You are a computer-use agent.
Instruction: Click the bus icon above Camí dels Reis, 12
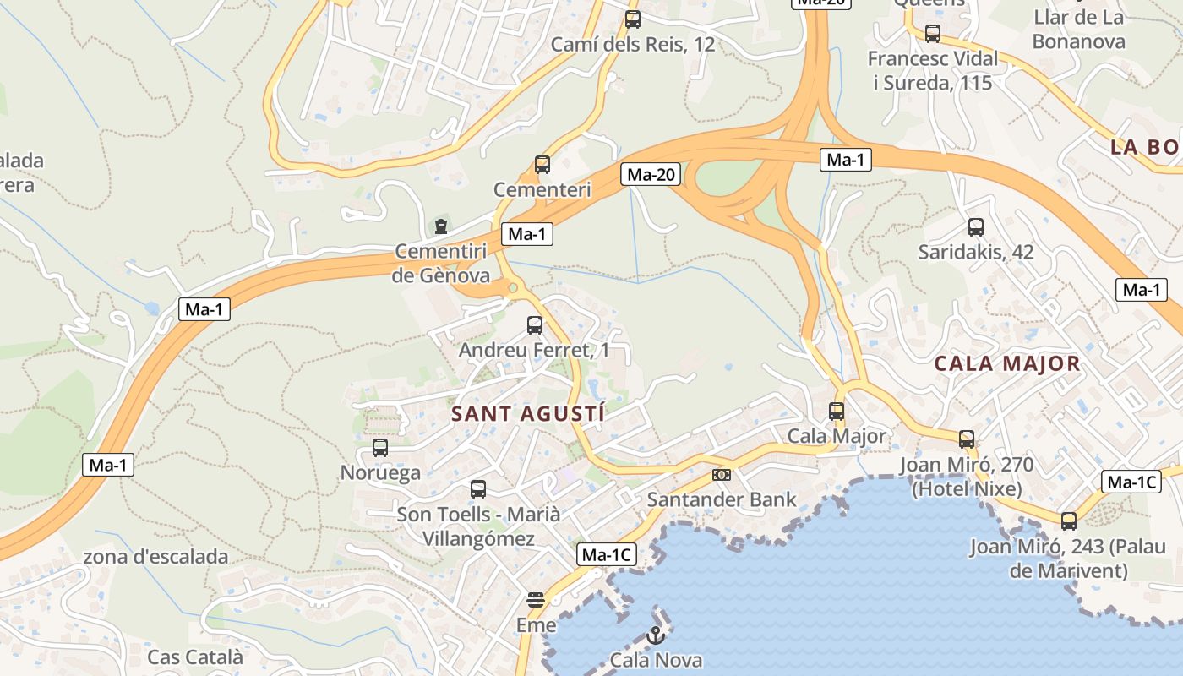click(x=632, y=19)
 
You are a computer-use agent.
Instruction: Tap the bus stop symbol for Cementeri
click(x=542, y=165)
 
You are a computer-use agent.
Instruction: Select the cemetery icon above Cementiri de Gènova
click(x=440, y=226)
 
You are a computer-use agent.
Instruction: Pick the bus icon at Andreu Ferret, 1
click(x=534, y=325)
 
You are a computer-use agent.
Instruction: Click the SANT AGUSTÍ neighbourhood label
click(x=528, y=414)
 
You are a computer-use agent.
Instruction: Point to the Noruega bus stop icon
click(x=380, y=448)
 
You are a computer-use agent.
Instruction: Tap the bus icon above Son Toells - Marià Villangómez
click(x=478, y=489)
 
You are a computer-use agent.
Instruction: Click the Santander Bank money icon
click(x=721, y=475)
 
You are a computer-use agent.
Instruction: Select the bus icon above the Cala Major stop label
click(x=837, y=412)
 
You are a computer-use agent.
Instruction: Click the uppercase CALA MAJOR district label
click(x=1007, y=364)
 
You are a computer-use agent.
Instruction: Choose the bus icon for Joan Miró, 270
click(x=967, y=439)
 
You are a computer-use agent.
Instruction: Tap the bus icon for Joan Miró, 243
click(x=1069, y=521)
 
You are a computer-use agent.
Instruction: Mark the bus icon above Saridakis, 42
click(x=976, y=227)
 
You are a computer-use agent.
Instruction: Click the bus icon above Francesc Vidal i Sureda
click(x=933, y=34)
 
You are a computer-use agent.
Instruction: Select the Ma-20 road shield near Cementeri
click(x=650, y=175)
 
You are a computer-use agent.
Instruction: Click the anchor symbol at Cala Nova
click(x=655, y=635)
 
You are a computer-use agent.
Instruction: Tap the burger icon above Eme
click(x=536, y=600)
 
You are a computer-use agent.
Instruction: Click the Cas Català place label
click(x=195, y=657)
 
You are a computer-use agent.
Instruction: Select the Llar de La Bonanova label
click(x=1078, y=29)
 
